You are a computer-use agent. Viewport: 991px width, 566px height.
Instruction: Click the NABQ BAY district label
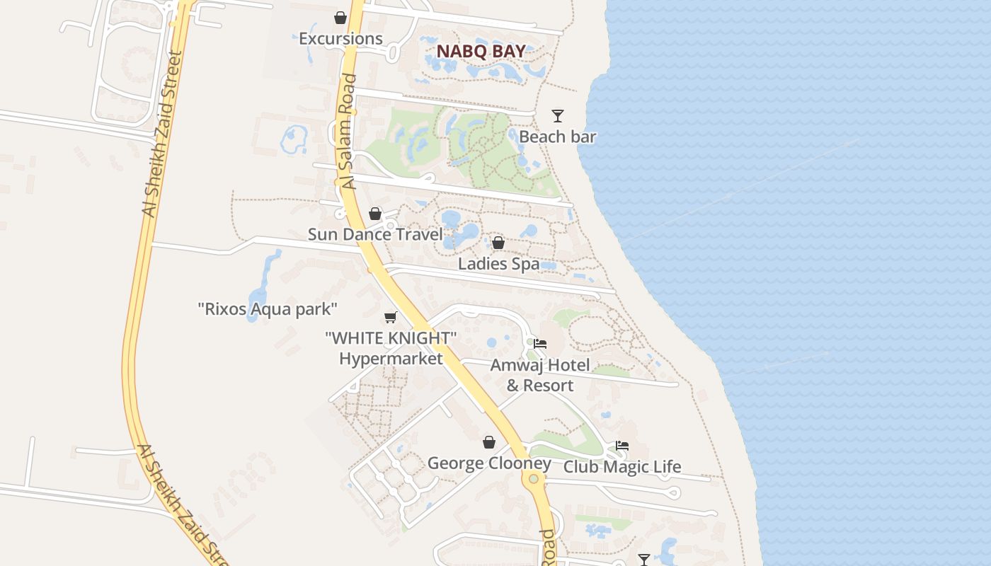(x=481, y=51)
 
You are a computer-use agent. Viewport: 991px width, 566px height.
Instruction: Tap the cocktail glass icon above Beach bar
(x=558, y=115)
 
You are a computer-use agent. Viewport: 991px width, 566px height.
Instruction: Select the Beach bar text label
(x=558, y=137)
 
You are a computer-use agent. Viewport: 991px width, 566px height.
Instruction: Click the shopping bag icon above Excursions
(x=340, y=18)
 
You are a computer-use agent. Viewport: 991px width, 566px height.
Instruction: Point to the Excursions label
(x=340, y=39)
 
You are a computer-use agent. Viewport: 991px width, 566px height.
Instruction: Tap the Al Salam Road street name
(x=348, y=132)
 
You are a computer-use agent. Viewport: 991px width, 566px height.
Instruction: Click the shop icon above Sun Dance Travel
(x=375, y=214)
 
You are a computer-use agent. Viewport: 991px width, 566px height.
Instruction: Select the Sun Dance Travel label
(x=375, y=234)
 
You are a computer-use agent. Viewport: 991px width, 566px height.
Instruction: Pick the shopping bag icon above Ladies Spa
(x=498, y=243)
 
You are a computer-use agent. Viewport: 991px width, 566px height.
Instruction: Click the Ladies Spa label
(x=498, y=264)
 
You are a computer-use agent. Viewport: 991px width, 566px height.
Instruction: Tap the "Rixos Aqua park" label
(x=268, y=309)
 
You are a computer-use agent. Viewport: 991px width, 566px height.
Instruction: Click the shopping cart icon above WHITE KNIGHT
(x=390, y=318)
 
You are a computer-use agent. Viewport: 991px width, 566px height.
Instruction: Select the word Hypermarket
(x=391, y=359)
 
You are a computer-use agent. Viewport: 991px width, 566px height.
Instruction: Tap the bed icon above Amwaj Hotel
(x=540, y=344)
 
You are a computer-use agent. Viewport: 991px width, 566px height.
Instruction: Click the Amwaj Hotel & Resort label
(x=540, y=375)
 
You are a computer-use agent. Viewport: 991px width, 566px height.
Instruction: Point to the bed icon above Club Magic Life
(x=622, y=446)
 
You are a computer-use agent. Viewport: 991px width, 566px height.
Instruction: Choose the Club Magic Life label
(x=622, y=467)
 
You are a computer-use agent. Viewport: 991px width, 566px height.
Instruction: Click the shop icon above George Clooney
(x=489, y=443)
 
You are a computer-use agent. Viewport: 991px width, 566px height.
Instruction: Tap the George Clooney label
(x=489, y=463)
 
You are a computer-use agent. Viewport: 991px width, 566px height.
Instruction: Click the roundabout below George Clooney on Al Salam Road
(x=533, y=479)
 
